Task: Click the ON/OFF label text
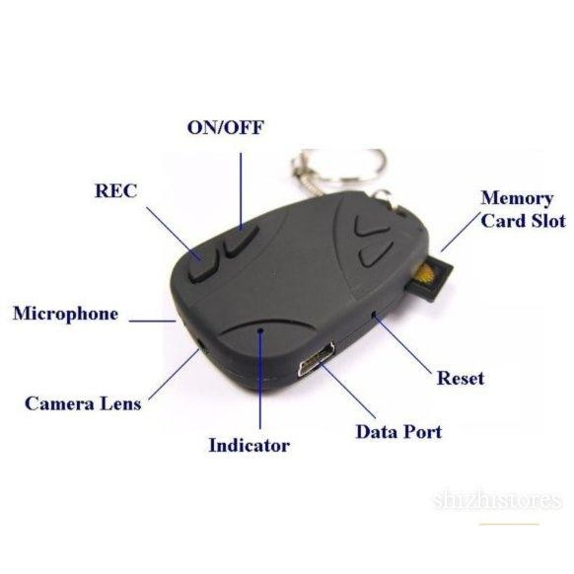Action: click(x=225, y=128)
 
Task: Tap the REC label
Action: click(x=115, y=190)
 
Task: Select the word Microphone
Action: click(x=65, y=314)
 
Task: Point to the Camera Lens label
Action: click(x=83, y=403)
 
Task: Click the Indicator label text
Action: click(x=249, y=446)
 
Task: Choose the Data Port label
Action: click(x=398, y=432)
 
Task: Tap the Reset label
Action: click(x=461, y=378)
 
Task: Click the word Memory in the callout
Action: click(x=517, y=199)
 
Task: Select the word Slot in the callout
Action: click(x=548, y=221)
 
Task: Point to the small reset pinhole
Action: click(x=374, y=314)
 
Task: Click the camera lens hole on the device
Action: click(x=201, y=344)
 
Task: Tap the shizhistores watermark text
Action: click(x=497, y=500)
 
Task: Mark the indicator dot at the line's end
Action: click(x=260, y=330)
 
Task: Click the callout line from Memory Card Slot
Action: click(x=461, y=232)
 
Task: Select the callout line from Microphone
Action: click(x=153, y=322)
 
